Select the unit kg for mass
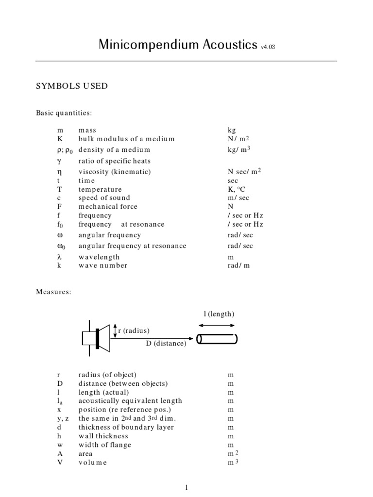coord(231,130)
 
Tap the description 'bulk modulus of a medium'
coord(126,139)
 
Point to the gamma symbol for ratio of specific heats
coord(59,161)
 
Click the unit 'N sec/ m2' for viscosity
coord(245,171)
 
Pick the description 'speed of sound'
coord(104,198)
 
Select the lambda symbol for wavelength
coord(59,257)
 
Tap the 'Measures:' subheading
coord(53,292)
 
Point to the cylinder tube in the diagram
coord(217,338)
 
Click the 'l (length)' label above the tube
coord(219,314)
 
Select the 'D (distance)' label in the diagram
coord(166,344)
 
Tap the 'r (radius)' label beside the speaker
coord(134,331)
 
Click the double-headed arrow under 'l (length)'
coord(217,325)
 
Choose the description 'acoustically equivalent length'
coord(130,401)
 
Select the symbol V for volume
coord(59,463)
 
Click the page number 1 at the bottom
coord(186,488)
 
